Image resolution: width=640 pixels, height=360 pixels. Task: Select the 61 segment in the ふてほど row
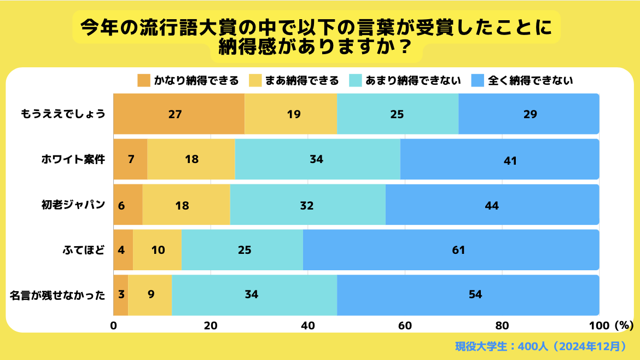(x=451, y=250)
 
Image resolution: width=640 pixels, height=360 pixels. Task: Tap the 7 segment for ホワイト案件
(x=130, y=159)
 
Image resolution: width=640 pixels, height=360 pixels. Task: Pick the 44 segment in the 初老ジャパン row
(x=492, y=205)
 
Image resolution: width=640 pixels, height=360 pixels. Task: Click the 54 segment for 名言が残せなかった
(x=468, y=295)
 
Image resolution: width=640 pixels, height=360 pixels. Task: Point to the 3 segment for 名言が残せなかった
(x=120, y=295)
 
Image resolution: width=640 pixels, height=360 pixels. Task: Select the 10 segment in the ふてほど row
(x=157, y=250)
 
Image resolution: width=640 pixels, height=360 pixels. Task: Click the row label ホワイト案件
(x=73, y=160)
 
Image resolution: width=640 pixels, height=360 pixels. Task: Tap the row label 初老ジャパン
(x=73, y=205)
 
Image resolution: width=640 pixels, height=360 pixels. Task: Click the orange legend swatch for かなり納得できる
(x=144, y=81)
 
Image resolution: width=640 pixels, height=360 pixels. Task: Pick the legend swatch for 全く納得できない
(x=476, y=81)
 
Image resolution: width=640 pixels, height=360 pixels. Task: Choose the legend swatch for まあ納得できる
(x=255, y=81)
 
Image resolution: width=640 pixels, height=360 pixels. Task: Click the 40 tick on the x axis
(x=308, y=326)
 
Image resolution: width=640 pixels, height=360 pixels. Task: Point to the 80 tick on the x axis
(x=502, y=326)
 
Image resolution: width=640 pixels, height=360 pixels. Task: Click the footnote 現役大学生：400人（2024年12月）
(x=540, y=346)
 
